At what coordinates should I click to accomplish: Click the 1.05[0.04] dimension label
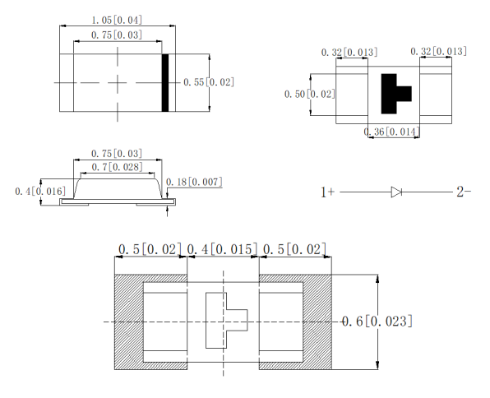pos(117,20)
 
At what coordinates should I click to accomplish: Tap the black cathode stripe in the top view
pos(165,82)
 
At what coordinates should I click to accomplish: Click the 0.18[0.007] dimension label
pos(194,182)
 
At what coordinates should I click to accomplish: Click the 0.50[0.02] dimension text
pos(308,94)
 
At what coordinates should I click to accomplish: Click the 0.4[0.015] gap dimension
pos(224,249)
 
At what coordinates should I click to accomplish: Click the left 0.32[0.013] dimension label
pos(349,53)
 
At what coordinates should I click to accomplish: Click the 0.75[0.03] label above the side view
pos(115,154)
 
